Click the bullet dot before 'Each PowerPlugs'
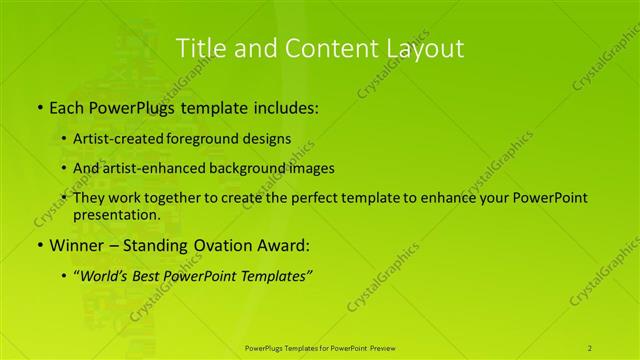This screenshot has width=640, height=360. pos(39,106)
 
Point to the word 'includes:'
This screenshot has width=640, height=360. pos(286,106)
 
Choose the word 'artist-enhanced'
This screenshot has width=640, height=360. pos(150,168)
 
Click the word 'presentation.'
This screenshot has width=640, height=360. pos(116,214)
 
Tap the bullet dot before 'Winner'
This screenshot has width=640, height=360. pos(39,245)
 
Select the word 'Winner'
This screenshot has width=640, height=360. pos(78,245)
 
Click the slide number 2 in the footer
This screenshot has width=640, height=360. pos(590,347)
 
